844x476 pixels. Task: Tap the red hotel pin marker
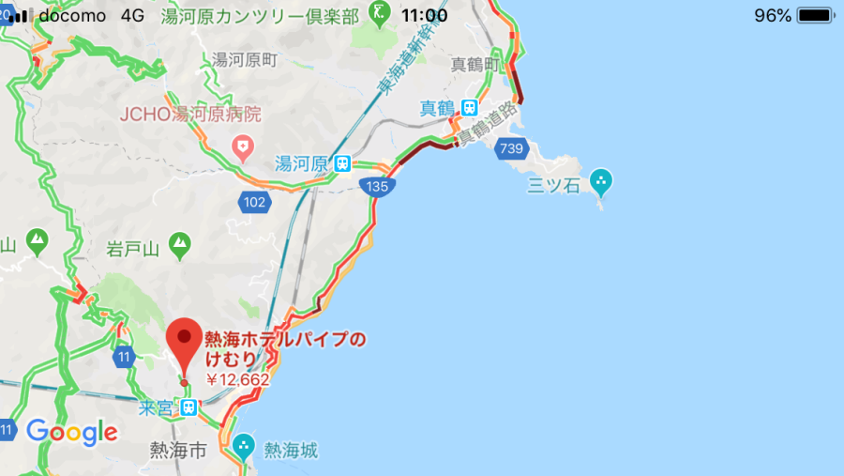(x=185, y=345)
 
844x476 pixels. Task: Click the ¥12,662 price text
(x=237, y=380)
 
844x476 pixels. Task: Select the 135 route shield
(x=378, y=187)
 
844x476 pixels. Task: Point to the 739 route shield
(x=511, y=148)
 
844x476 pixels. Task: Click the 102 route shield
(x=254, y=201)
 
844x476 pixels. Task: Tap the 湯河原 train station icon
(x=344, y=163)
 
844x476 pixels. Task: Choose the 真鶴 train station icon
(x=469, y=108)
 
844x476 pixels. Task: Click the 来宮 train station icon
(x=189, y=407)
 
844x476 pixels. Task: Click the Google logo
(x=72, y=432)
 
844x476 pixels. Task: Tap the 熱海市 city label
(x=178, y=452)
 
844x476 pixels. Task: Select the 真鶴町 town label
(x=474, y=64)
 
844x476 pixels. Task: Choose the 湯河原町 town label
(x=245, y=60)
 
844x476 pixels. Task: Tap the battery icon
(x=815, y=15)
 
